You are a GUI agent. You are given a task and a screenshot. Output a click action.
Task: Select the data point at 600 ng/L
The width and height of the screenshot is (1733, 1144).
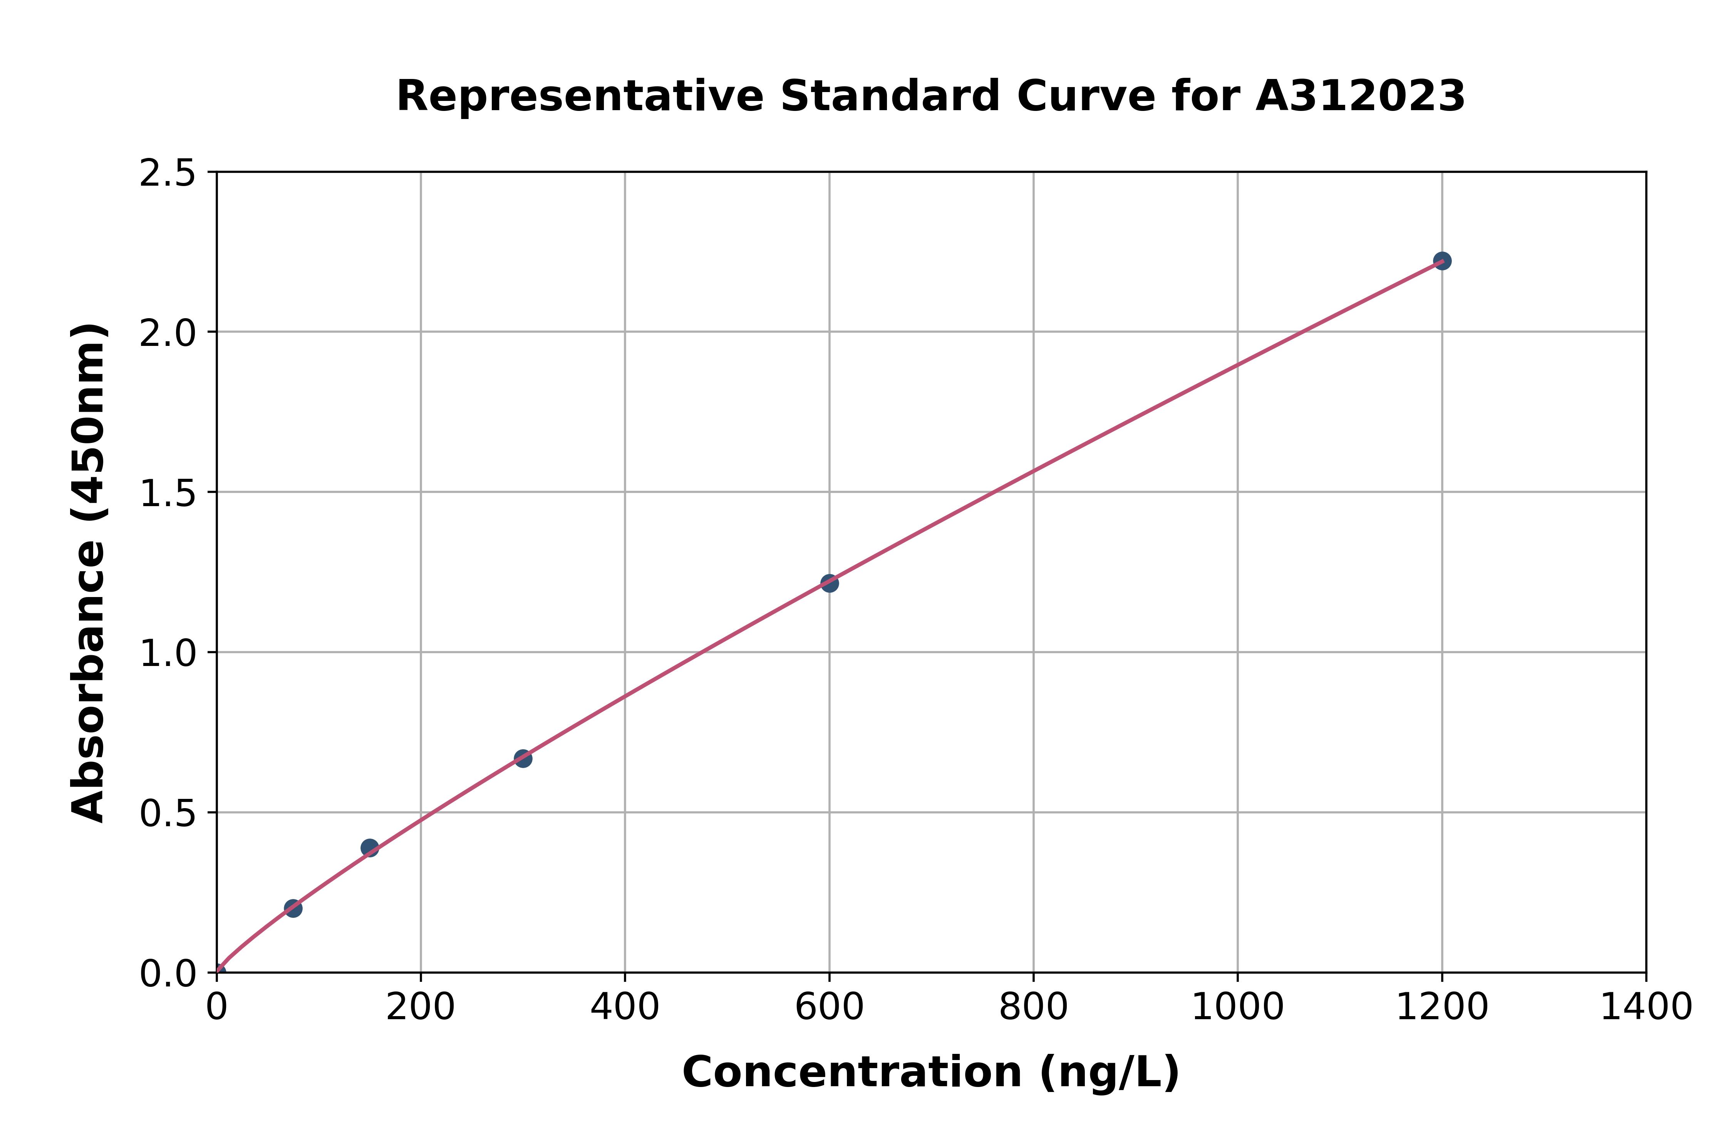(829, 583)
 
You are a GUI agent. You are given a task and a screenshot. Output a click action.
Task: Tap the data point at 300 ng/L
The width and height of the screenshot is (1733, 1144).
(523, 758)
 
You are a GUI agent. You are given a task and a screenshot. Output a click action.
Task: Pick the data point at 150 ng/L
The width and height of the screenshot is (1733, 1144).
(370, 847)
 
